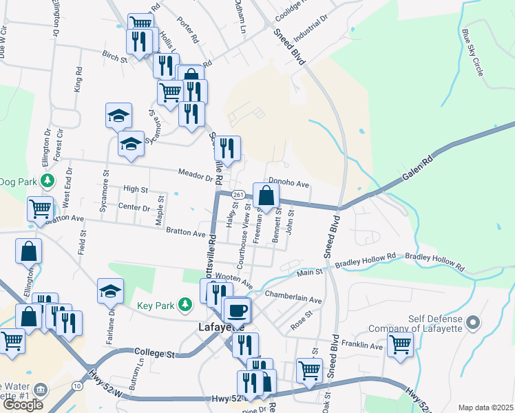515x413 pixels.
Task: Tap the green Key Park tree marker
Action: click(184, 304)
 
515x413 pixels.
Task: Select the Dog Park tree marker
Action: click(47, 181)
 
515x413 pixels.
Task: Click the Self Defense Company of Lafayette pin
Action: click(472, 321)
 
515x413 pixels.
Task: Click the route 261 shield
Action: click(238, 195)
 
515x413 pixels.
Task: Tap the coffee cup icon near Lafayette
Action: click(238, 310)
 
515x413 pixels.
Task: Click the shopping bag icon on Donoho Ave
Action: click(266, 195)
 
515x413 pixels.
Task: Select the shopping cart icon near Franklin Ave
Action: click(400, 342)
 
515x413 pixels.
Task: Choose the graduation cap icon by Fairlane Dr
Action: click(111, 290)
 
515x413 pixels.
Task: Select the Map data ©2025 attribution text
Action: click(485, 407)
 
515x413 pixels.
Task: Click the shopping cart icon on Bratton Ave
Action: click(40, 208)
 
